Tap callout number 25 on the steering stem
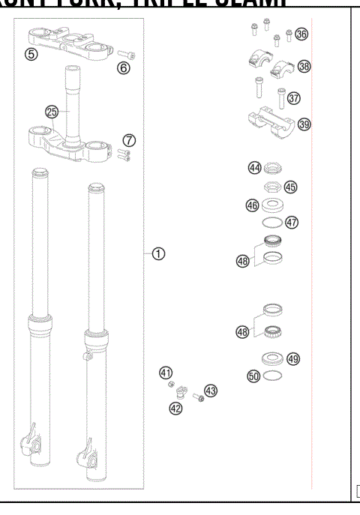pyautogui.click(x=52, y=112)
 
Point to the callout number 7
pyautogui.click(x=130, y=140)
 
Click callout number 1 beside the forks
pyautogui.click(x=158, y=253)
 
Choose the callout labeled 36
pyautogui.click(x=301, y=34)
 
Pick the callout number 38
pyautogui.click(x=304, y=67)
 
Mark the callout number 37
pyautogui.click(x=293, y=97)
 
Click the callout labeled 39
pyautogui.click(x=304, y=124)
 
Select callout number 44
pyautogui.click(x=255, y=168)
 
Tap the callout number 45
pyautogui.click(x=290, y=187)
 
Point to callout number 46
pyautogui.click(x=253, y=205)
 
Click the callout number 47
pyautogui.click(x=292, y=222)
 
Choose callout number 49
pyautogui.click(x=293, y=359)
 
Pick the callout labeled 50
pyautogui.click(x=253, y=376)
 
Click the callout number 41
pyautogui.click(x=165, y=373)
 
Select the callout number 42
pyautogui.click(x=175, y=408)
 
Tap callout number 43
pyautogui.click(x=210, y=391)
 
